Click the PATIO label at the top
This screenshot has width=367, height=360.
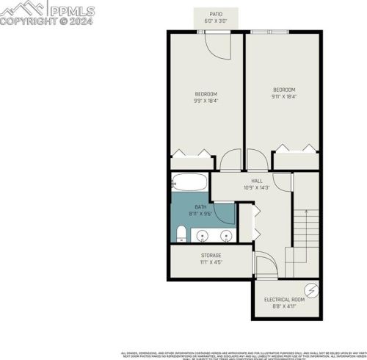216,14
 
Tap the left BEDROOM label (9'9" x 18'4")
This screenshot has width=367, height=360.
206,94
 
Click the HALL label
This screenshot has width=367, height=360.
257,181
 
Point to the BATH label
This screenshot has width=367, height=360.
200,208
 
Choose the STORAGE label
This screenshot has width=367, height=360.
211,256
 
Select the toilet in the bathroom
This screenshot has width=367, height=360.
181,234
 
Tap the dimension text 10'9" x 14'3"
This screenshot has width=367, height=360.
257,187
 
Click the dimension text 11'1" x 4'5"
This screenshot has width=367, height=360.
211,262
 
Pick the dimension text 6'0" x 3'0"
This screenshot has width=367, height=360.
216,21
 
